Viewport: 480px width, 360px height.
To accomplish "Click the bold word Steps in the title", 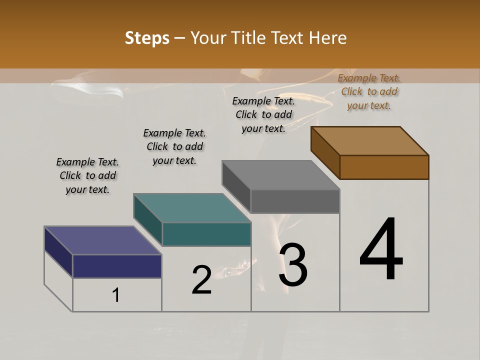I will pos(146,38).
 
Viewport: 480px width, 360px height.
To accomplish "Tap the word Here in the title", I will pos(328,38).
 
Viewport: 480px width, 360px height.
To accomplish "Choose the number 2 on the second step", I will pos(202,280).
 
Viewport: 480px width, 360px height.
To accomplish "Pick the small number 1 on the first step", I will pos(116,295).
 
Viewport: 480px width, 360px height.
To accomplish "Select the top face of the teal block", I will pos(192,208).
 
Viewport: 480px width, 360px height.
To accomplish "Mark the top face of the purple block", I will pos(103,240).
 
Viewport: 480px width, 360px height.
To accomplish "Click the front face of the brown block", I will pos(384,167).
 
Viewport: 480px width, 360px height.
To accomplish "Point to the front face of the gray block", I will pos(295,201).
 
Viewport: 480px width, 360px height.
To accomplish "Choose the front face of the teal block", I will pos(206,234).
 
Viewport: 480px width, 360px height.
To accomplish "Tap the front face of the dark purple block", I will pos(117,266).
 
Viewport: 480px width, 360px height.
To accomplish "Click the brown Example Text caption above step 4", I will pos(369,91).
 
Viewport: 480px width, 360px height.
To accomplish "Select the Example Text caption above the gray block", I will pos(263,114).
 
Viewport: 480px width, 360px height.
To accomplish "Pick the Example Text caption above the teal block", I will pos(174,146).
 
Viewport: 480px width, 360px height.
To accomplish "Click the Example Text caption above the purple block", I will pos(87,175).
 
